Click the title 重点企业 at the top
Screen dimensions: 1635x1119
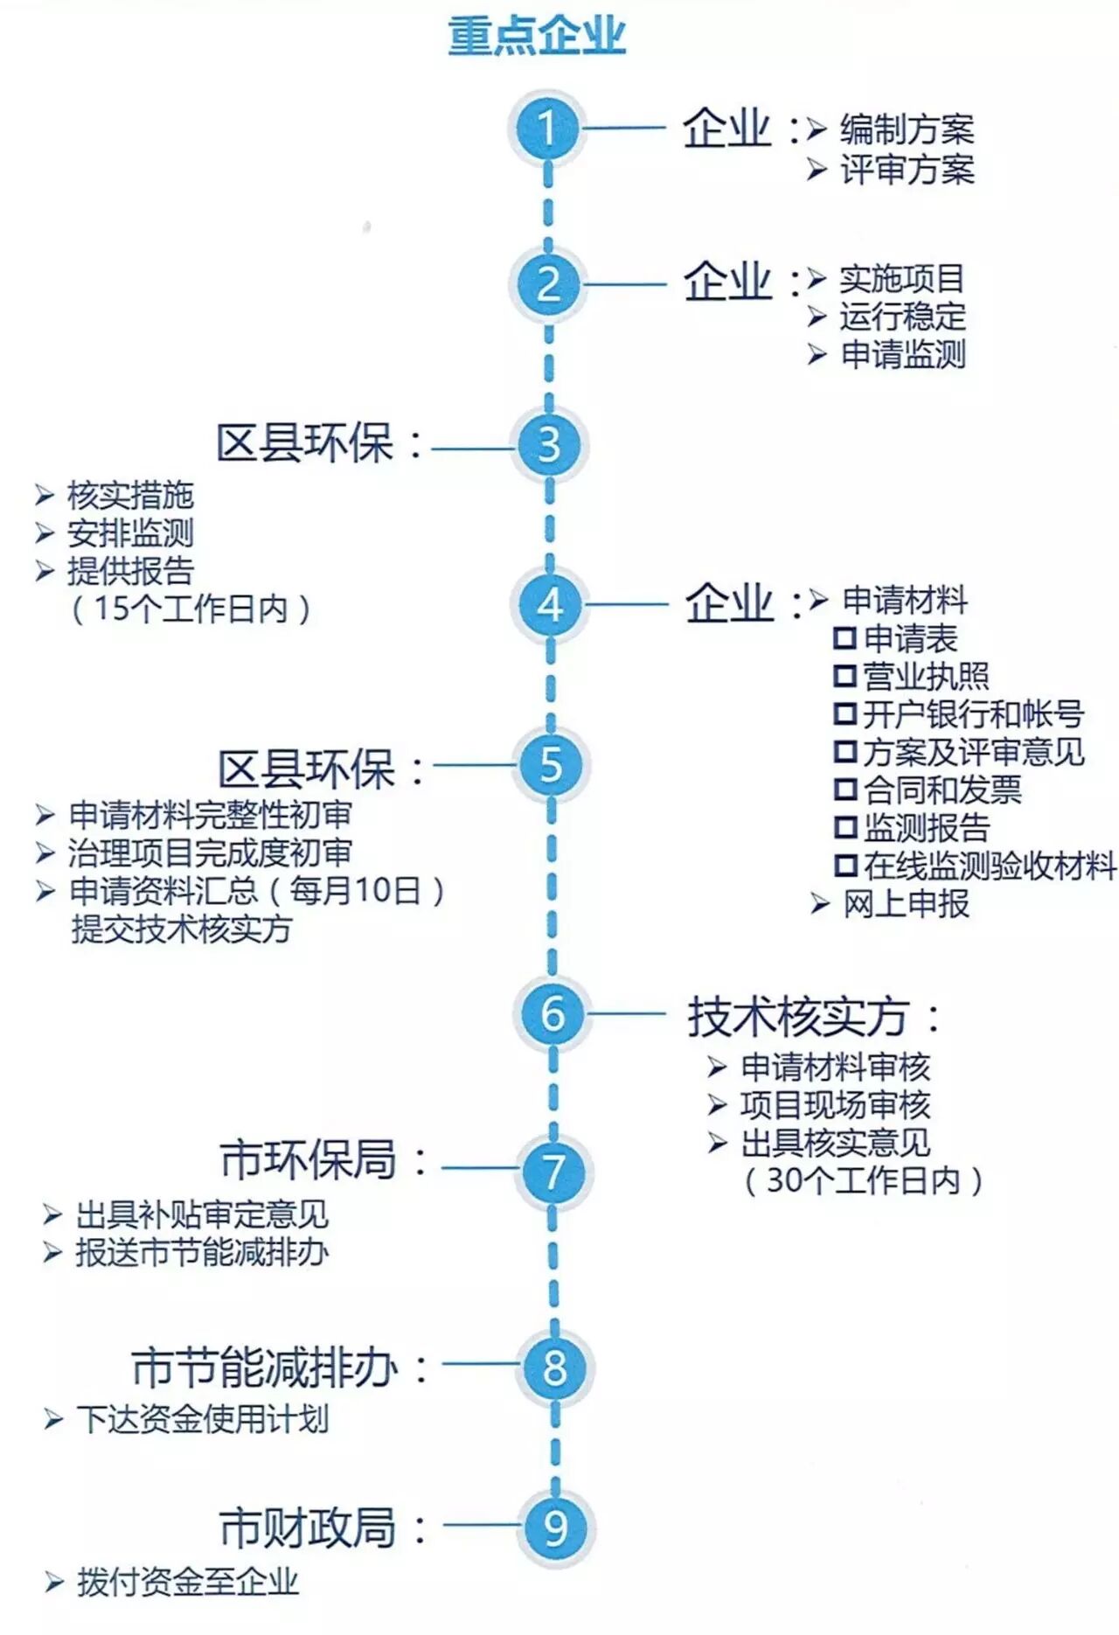point(537,36)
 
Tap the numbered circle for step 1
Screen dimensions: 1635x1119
point(547,129)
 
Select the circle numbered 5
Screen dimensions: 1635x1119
point(551,764)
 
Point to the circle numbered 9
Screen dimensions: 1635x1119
point(556,1527)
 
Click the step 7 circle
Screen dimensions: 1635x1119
point(554,1172)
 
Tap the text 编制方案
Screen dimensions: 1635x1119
point(907,129)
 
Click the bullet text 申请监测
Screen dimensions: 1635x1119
point(903,354)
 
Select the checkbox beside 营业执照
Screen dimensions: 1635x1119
point(844,676)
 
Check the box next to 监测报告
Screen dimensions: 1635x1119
point(845,827)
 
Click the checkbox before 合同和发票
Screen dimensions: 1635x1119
point(845,790)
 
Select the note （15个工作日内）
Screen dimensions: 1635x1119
point(191,609)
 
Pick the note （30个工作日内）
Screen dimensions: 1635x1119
point(864,1181)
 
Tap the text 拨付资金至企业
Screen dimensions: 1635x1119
point(188,1582)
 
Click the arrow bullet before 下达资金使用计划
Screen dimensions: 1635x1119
point(53,1419)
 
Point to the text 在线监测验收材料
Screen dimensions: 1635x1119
point(990,866)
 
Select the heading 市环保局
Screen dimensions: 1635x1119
point(308,1160)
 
